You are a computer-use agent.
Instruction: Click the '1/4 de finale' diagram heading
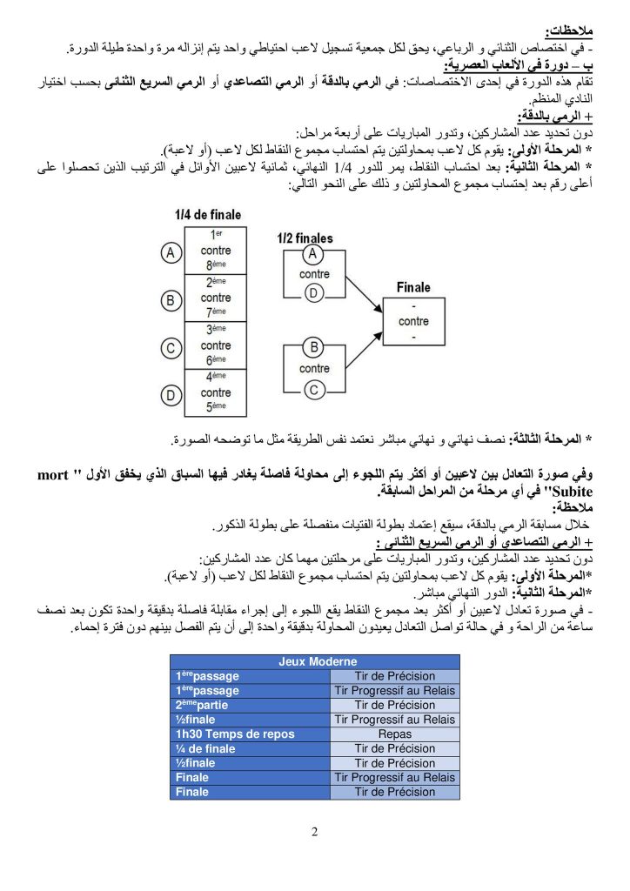point(208,215)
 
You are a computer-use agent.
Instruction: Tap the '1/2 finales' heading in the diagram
point(305,238)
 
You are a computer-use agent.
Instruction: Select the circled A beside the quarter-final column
point(172,252)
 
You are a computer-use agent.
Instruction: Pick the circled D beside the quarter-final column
point(172,395)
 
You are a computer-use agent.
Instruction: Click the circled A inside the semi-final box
point(313,255)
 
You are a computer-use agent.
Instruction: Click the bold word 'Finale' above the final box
point(413,287)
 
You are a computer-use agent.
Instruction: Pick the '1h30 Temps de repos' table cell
point(224,734)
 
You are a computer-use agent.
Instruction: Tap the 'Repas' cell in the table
point(396,734)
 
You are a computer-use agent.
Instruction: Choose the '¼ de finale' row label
point(205,748)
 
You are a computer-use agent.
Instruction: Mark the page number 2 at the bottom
point(315,831)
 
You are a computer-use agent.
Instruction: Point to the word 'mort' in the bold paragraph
point(55,475)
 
